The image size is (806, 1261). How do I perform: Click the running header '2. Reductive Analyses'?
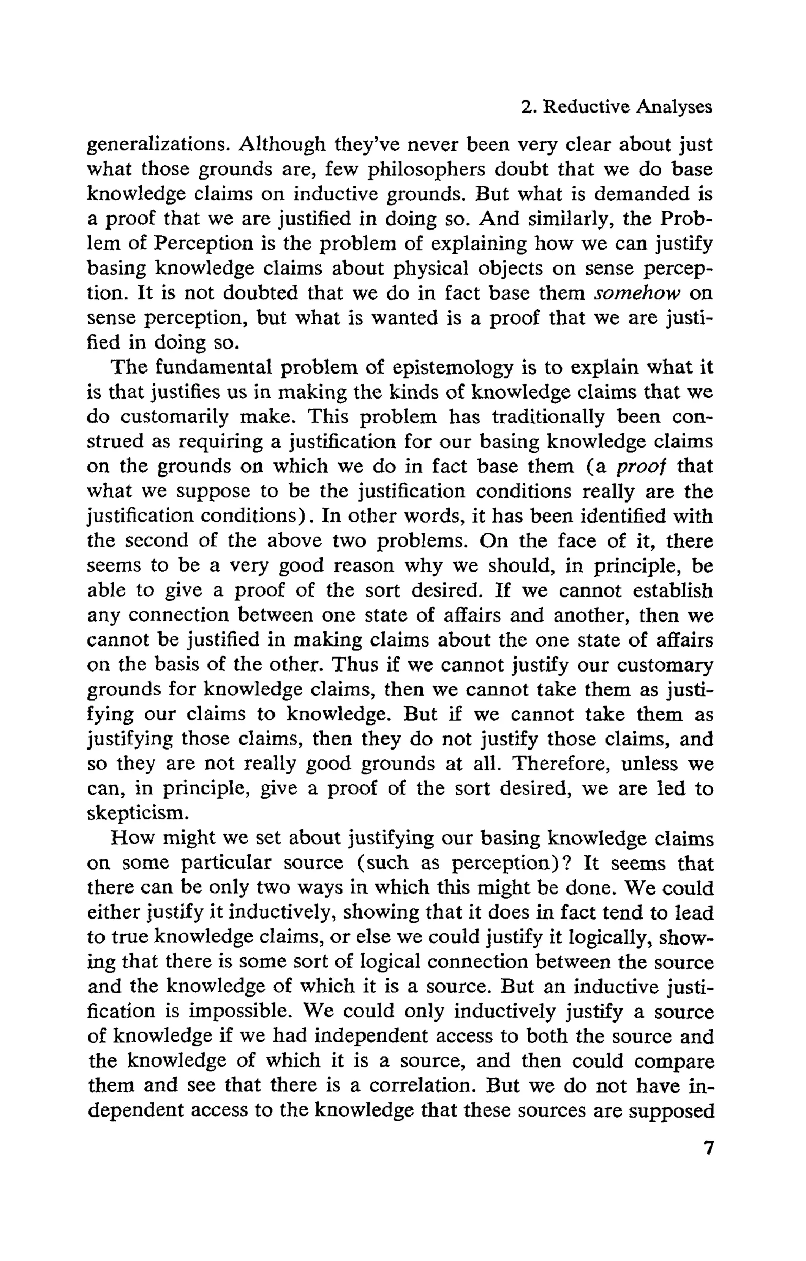pos(617,107)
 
